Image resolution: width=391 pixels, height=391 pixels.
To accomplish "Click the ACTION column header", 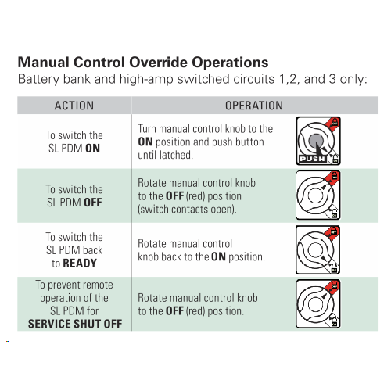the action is (74, 106).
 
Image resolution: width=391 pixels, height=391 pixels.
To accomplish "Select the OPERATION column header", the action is (254, 106).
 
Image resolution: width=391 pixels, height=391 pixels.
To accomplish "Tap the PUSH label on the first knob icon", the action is (312, 159).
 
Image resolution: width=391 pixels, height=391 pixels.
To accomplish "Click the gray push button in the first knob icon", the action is (316, 141).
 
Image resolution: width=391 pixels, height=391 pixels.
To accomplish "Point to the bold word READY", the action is (80, 264).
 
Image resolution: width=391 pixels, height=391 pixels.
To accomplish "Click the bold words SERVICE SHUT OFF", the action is (75, 324).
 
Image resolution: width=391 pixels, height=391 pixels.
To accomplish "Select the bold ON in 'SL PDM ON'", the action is (93, 149).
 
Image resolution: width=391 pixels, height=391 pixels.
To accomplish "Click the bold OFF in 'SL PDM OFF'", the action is (93, 203).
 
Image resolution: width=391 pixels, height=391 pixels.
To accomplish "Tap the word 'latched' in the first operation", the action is (176, 155).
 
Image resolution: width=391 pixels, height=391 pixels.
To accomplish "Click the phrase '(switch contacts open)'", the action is (187, 210).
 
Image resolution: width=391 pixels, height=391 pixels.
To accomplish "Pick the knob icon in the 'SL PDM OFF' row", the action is (318, 195).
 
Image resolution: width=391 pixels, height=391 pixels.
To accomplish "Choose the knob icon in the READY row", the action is (318, 249).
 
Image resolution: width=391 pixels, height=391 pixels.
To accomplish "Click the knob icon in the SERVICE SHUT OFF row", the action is (318, 304).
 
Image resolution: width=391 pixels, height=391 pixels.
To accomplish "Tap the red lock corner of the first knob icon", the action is (334, 123).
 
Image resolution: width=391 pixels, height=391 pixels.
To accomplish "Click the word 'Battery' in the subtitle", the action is (39, 79).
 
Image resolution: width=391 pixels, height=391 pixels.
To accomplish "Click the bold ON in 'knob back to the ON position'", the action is (218, 256).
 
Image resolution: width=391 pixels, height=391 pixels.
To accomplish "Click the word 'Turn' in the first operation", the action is (147, 129).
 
